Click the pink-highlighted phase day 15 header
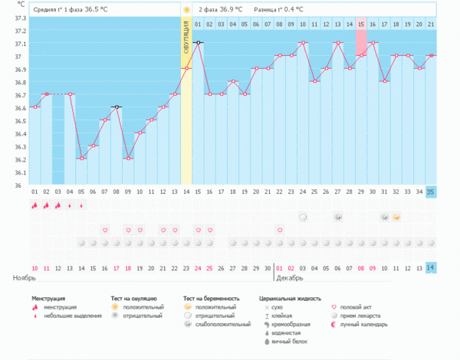pos(360,25)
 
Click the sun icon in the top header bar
pos(186,9)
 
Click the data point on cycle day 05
pos(80,159)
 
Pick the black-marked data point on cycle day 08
pos(116,107)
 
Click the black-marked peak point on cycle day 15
pos(198,43)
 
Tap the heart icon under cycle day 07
pos(104,230)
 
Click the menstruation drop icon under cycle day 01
pos(34,205)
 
